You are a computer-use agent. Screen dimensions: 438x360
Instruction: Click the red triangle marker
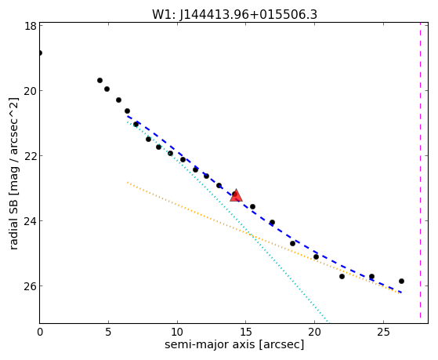click(x=236, y=195)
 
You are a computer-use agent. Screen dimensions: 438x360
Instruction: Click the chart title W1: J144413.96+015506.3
click(x=234, y=14)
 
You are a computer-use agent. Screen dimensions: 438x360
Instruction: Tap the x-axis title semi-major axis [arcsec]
click(x=234, y=344)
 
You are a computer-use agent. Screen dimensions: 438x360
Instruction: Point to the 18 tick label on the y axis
click(x=30, y=26)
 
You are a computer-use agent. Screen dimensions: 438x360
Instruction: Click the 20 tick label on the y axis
click(x=30, y=91)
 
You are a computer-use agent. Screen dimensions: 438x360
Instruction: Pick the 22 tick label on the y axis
click(x=30, y=156)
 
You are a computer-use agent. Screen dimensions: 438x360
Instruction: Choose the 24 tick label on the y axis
click(x=30, y=221)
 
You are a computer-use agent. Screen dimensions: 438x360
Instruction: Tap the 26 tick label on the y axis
click(x=30, y=286)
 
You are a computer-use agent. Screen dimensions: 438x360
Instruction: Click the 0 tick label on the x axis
click(x=40, y=332)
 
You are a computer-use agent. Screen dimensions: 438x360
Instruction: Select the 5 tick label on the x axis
click(x=108, y=332)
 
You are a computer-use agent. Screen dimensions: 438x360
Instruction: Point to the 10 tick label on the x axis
click(x=177, y=332)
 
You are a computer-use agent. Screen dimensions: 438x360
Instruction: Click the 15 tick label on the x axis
click(x=246, y=332)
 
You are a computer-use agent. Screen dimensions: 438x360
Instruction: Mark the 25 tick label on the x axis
click(x=383, y=332)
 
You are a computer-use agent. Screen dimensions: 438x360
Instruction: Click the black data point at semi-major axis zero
click(x=40, y=53)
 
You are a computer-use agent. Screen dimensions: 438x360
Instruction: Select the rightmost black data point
click(x=401, y=281)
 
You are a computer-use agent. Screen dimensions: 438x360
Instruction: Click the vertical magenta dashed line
click(x=420, y=171)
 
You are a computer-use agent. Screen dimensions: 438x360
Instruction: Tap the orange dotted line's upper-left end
click(x=128, y=182)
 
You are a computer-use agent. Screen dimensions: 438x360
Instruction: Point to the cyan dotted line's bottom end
click(x=329, y=322)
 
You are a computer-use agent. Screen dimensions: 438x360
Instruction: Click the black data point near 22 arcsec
click(x=342, y=276)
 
